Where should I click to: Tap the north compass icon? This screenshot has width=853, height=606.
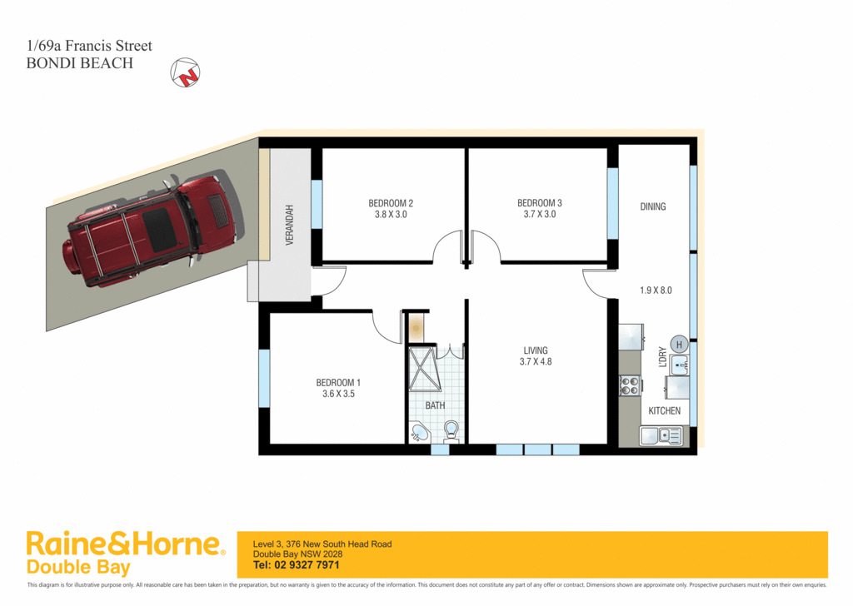185,73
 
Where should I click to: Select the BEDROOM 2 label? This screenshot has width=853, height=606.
391,203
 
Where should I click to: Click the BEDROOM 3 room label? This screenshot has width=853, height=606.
540,203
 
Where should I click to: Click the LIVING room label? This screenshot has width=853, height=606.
536,350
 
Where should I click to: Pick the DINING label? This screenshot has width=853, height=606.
653,206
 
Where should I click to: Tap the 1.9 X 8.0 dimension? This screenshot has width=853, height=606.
655,291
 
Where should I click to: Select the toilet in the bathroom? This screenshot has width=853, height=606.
451,430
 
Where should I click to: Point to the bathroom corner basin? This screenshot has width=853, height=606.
419,433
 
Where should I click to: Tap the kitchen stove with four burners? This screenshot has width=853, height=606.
631,385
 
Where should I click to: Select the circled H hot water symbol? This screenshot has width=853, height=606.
678,345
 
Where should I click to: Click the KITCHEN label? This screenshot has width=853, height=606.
665,411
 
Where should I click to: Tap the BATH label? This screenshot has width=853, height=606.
435,406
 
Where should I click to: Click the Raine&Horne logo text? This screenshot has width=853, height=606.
126,545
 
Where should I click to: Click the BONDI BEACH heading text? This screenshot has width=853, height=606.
80,62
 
